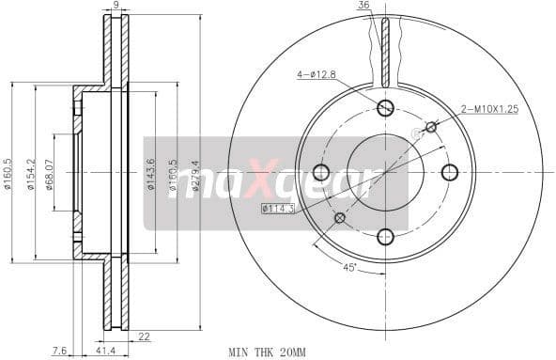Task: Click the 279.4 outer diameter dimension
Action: click(196, 174)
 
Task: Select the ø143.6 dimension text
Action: click(151, 174)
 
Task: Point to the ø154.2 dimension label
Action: click(32, 174)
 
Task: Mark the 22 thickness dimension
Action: click(145, 337)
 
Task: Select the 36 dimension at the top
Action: click(363, 7)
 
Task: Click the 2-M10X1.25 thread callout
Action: click(489, 109)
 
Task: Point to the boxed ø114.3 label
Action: click(278, 208)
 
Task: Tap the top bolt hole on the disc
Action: click(385, 107)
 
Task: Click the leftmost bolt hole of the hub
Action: click(320, 172)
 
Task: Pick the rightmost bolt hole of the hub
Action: click(450, 172)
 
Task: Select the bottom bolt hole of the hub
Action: click(385, 237)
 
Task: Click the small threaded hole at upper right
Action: click(431, 127)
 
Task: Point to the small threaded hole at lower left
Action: click(340, 218)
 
